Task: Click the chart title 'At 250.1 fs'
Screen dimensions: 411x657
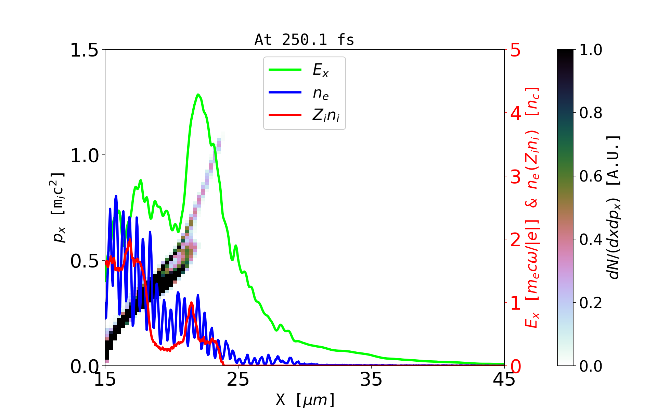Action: click(304, 40)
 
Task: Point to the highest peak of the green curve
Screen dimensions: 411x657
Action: click(198, 95)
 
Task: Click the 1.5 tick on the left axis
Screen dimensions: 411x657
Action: click(84, 50)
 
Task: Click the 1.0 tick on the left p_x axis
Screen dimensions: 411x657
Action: click(84, 155)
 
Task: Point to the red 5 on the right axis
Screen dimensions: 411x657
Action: click(515, 50)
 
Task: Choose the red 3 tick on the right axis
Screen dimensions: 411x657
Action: click(515, 177)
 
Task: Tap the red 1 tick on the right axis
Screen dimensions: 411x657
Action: click(515, 303)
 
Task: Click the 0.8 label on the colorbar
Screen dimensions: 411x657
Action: click(591, 113)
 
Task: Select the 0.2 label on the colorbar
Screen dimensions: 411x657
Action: click(591, 303)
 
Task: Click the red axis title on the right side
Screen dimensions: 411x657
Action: click(532, 208)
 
